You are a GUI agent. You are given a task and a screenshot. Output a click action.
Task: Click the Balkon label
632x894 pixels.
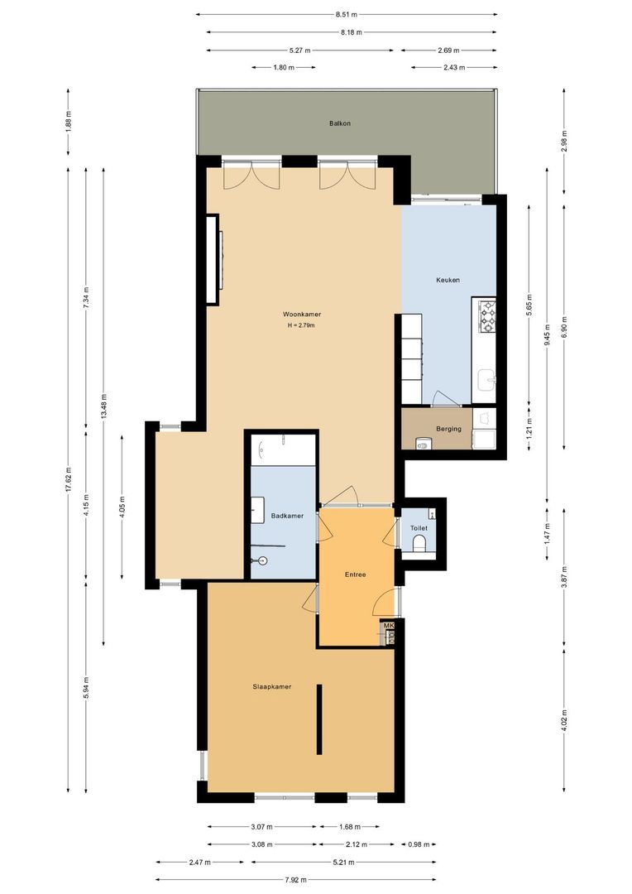click(340, 123)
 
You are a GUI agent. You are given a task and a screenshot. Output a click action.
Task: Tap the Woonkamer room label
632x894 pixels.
click(301, 315)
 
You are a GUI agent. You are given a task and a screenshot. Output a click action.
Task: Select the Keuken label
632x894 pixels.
click(448, 280)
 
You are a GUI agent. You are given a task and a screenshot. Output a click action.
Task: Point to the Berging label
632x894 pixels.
click(448, 429)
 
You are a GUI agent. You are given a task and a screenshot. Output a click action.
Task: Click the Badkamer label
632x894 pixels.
click(287, 516)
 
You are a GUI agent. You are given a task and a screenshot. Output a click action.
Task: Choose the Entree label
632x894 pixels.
click(355, 574)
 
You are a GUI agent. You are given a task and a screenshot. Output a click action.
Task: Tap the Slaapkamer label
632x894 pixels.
click(272, 686)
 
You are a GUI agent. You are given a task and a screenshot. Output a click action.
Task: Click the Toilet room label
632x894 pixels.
click(419, 528)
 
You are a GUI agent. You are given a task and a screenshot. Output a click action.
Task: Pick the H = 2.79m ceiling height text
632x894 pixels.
click(301, 325)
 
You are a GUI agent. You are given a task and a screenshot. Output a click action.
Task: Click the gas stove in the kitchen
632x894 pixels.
click(487, 316)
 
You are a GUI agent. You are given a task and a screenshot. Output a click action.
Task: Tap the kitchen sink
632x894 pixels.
click(486, 380)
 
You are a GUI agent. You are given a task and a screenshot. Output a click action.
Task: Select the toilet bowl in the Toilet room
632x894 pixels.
click(419, 543)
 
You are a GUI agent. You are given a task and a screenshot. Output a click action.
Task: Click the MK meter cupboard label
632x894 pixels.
click(390, 626)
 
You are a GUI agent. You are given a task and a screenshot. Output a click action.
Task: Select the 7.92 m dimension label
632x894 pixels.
click(296, 879)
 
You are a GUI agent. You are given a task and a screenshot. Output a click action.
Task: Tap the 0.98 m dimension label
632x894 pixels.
click(419, 844)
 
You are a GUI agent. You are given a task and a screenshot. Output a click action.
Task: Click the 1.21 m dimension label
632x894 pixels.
click(529, 428)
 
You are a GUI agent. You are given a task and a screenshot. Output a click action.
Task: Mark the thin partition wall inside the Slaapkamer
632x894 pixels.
click(319, 719)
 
